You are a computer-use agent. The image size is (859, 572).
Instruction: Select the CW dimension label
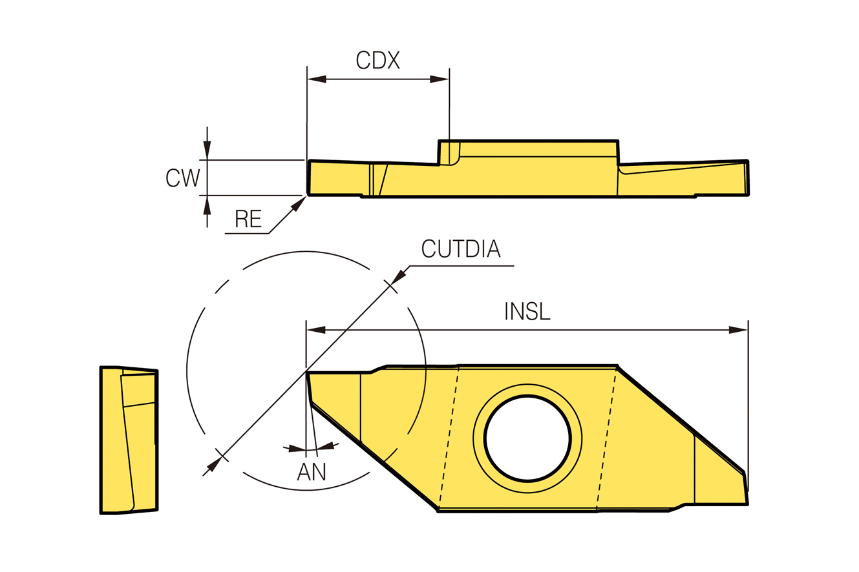click(183, 178)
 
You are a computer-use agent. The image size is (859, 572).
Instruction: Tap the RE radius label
click(248, 218)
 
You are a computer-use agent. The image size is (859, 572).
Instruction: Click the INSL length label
click(527, 311)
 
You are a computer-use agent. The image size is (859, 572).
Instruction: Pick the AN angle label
click(311, 471)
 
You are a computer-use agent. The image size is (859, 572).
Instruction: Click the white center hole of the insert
click(527, 438)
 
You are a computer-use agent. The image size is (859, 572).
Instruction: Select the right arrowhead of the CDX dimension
click(440, 79)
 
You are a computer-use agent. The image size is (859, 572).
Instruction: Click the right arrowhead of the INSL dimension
click(738, 330)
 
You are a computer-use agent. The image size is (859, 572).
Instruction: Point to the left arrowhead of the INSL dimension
click(316, 330)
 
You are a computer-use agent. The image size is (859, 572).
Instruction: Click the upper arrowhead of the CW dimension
click(207, 149)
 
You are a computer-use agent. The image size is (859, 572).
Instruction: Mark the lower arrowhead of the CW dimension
click(207, 206)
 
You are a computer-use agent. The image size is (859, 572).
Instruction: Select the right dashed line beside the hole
click(606, 439)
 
